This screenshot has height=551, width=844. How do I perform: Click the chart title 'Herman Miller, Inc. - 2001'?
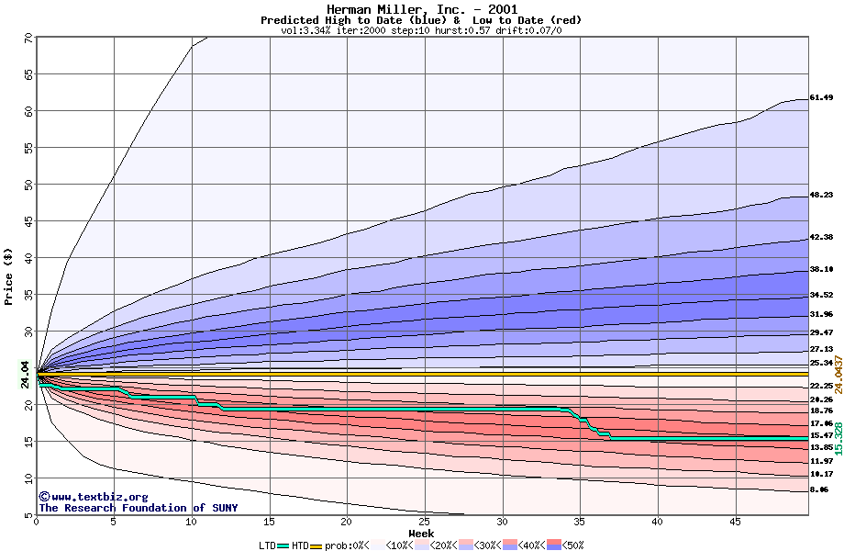click(421, 9)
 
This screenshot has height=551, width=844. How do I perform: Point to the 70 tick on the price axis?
click(28, 38)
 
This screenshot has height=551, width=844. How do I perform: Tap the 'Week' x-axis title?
click(421, 533)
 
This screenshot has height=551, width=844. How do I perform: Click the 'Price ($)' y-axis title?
click(9, 275)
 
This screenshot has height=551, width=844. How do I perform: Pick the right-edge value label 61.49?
click(821, 97)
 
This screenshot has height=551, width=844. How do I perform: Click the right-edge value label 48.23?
click(821, 195)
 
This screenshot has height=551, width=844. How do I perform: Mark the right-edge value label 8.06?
click(819, 489)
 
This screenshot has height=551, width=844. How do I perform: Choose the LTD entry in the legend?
click(266, 545)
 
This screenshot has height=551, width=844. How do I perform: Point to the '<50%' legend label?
click(572, 545)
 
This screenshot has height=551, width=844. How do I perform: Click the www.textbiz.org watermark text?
click(88, 497)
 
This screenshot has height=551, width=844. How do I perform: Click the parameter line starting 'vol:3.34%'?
click(421, 30)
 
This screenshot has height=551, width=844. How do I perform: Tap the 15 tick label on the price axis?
click(28, 442)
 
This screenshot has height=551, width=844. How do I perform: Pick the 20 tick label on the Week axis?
click(347, 522)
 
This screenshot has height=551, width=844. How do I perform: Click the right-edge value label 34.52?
click(821, 295)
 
